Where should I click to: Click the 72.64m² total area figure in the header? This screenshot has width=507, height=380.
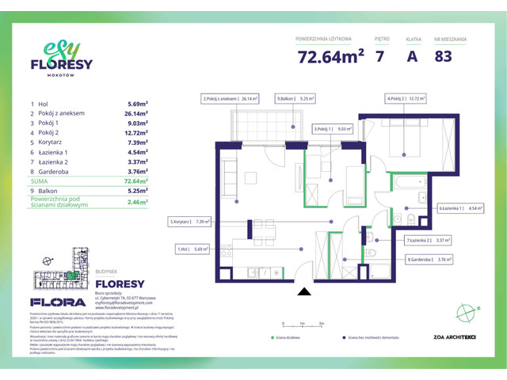tap(330, 57)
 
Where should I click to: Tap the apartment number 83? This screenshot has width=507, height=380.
tap(444, 57)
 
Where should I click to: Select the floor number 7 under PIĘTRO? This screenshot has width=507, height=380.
tap(381, 57)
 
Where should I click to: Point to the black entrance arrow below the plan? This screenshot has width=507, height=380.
tap(303, 291)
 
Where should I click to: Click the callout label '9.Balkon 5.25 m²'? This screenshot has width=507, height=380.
tap(296, 99)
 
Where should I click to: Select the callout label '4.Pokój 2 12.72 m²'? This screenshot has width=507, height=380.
tap(406, 99)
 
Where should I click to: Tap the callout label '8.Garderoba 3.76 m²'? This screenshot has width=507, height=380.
tap(431, 258)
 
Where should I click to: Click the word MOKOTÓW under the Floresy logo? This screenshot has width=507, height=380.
tap(62, 78)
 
